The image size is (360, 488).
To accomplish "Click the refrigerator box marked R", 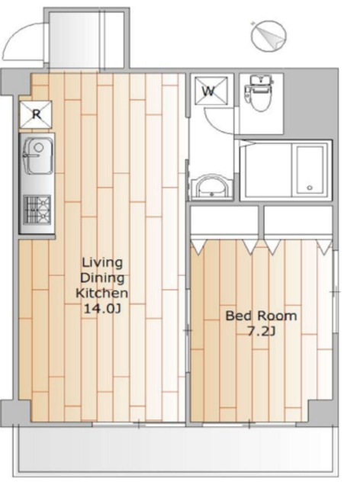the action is [36, 114].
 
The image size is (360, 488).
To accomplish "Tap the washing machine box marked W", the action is [211, 90].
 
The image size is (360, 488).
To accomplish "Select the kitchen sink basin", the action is [38, 156].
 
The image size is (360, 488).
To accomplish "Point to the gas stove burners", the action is [37, 210].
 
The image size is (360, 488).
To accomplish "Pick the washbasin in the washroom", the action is [211, 187].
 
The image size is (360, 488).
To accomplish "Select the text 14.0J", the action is [102, 308].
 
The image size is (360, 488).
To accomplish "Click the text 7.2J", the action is [261, 332].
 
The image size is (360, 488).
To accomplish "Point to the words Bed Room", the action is [261, 316].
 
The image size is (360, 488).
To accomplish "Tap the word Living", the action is [102, 263].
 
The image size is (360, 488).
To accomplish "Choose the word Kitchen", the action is [102, 293].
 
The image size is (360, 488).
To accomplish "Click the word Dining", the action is [102, 278].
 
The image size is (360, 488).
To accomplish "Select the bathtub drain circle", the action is [309, 188].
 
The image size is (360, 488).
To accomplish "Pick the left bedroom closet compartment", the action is [224, 220].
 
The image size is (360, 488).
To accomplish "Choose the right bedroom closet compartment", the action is [297, 220].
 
